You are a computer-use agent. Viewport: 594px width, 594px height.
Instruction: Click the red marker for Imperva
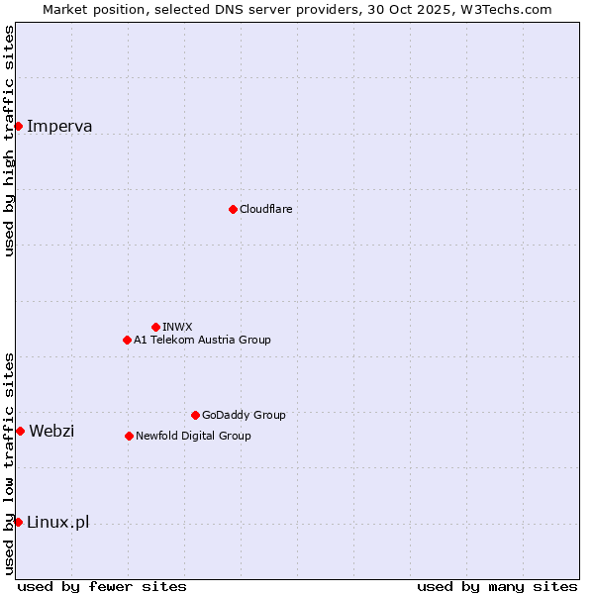(18, 126)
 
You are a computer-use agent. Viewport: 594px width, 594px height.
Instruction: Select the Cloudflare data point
(233, 209)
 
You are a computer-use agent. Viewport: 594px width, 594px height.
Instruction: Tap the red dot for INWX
(155, 327)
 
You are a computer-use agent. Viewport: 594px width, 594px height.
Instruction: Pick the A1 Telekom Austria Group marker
(127, 340)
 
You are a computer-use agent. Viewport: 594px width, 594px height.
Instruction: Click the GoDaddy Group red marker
(195, 415)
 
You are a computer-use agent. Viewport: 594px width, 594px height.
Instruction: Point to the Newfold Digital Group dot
(129, 436)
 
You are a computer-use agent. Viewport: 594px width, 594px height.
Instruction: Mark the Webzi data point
(20, 431)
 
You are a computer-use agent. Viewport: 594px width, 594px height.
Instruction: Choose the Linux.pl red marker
(18, 522)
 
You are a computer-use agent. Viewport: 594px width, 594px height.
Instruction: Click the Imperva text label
(59, 126)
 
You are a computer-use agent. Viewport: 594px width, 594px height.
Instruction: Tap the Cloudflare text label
(265, 209)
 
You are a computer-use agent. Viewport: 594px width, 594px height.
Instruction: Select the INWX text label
(177, 327)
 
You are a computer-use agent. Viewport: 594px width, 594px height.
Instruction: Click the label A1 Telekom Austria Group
(202, 340)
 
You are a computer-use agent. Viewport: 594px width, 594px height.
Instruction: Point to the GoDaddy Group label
(244, 415)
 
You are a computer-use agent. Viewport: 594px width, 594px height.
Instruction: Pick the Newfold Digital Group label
(193, 436)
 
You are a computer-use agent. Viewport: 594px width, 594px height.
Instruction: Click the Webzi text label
(51, 431)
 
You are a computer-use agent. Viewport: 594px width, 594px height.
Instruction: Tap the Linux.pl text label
(57, 522)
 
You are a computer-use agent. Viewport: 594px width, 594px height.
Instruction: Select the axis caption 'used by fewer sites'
(102, 586)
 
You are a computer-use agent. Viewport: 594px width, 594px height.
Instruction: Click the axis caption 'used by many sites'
(497, 586)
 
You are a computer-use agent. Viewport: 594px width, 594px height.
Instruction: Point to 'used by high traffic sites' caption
(9, 141)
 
